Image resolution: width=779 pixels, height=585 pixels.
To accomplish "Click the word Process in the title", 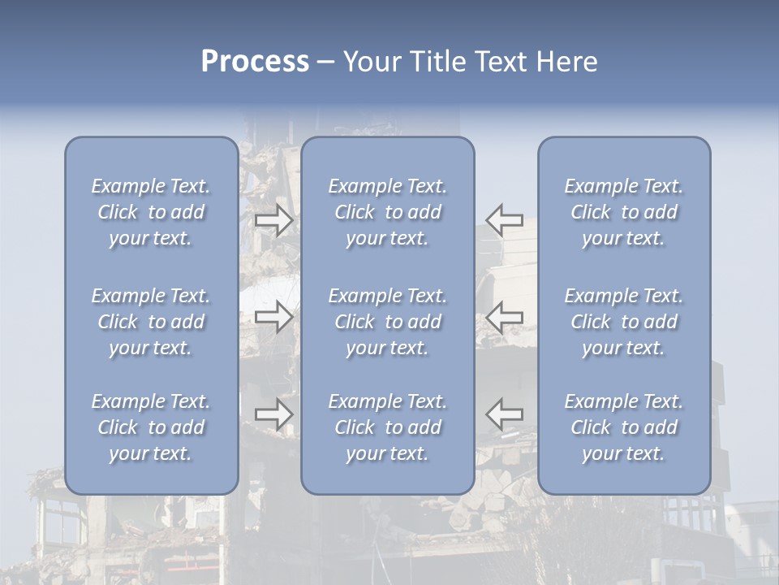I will [x=255, y=62].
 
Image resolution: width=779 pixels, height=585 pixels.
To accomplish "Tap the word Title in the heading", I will [x=435, y=62].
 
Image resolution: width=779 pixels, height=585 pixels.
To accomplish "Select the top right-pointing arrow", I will [x=273, y=220].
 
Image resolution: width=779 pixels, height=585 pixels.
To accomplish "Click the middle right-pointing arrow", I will [x=273, y=317].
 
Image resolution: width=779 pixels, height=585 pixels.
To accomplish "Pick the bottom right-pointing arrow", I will [x=273, y=414].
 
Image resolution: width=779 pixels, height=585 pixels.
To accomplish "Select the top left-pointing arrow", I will [x=505, y=220].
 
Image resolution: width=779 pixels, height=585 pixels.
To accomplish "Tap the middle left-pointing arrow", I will [x=505, y=317].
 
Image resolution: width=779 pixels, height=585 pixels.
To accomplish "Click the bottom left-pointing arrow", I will [x=505, y=414].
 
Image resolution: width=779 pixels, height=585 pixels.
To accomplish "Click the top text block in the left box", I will [x=151, y=212].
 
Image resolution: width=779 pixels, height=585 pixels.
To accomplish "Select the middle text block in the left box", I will [x=151, y=322].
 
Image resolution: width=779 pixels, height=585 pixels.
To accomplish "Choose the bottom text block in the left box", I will [x=151, y=427].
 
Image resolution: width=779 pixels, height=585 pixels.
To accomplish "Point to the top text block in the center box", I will [x=388, y=212].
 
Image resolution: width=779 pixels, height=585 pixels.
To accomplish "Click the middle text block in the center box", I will [x=388, y=322].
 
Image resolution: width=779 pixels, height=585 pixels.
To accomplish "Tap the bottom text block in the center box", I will [x=388, y=427].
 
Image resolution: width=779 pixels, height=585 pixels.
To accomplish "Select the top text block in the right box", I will [x=624, y=212].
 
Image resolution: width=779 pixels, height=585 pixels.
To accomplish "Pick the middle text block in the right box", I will [x=624, y=322].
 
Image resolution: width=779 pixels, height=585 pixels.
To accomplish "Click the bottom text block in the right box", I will [x=624, y=427].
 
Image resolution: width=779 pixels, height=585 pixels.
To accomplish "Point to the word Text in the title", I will [x=500, y=62].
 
